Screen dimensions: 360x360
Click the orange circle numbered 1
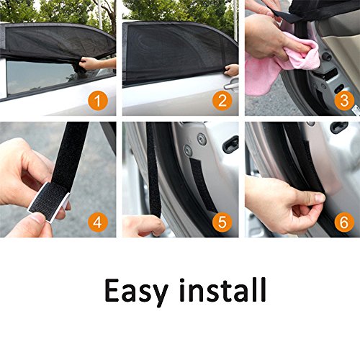[x=98, y=101]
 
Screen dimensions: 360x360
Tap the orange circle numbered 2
[x=222, y=101]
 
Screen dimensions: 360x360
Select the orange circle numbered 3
[x=344, y=101]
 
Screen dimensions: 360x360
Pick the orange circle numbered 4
[x=98, y=222]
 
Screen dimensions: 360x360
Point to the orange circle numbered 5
[x=222, y=222]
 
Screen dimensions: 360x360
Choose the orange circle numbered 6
[x=344, y=222]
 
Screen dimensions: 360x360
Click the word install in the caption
[x=223, y=289]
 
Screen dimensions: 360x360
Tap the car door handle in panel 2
[x=231, y=85]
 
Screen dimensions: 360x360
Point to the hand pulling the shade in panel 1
[x=89, y=63]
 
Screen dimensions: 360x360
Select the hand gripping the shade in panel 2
[x=231, y=70]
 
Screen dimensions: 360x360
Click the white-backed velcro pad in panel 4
[x=49, y=201]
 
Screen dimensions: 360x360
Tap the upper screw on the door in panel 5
[x=202, y=139]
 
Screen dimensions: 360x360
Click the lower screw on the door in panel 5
[x=188, y=150]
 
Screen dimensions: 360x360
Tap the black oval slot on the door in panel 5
[x=231, y=144]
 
